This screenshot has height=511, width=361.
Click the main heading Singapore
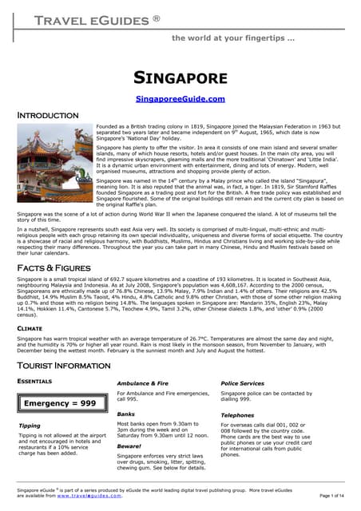tap(180, 77)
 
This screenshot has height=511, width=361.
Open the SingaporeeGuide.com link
tap(180, 99)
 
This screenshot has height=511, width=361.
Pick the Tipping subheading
tap(30, 426)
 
